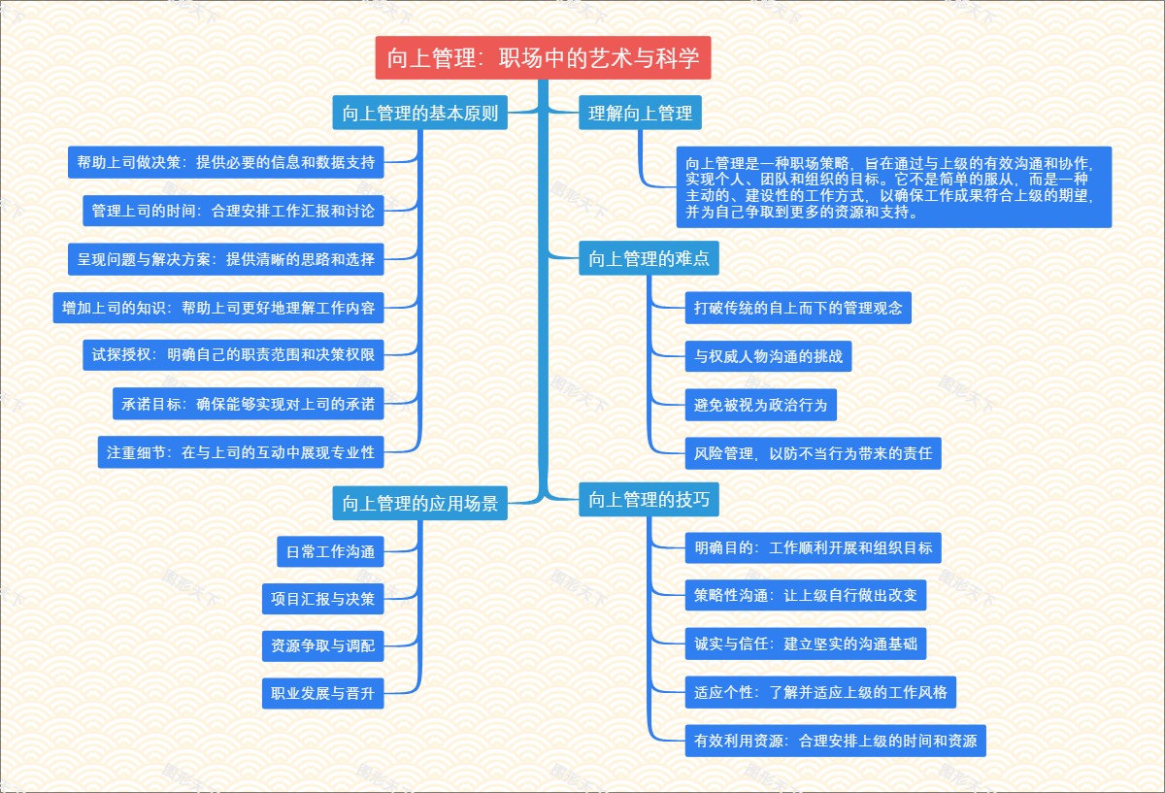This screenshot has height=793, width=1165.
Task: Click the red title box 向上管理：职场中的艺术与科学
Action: (x=543, y=58)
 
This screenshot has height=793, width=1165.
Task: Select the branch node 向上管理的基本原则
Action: (x=419, y=114)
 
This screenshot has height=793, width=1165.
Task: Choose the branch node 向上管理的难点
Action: (x=649, y=259)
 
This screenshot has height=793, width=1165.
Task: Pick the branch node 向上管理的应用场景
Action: (x=419, y=504)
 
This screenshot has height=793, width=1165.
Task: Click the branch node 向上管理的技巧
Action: (x=649, y=501)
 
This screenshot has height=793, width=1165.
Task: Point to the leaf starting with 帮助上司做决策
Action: (x=226, y=162)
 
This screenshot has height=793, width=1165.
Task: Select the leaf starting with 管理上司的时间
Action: (x=233, y=210)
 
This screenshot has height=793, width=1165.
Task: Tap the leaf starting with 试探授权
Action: (x=233, y=355)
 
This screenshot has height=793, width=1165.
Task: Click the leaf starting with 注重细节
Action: (x=241, y=452)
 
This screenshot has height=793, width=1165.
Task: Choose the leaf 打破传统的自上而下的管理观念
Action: (x=798, y=309)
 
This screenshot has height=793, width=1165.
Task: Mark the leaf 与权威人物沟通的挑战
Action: (x=768, y=356)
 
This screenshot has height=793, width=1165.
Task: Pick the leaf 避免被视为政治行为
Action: (x=760, y=405)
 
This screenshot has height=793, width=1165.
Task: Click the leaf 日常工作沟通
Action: (x=330, y=551)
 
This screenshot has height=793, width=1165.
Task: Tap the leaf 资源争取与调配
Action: (x=323, y=645)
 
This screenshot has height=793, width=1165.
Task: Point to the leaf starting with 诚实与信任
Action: (x=805, y=644)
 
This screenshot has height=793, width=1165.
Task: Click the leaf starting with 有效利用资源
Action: (x=835, y=741)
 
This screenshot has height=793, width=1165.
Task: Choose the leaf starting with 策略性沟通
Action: (x=805, y=595)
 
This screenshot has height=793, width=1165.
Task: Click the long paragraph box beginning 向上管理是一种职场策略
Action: (x=893, y=186)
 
